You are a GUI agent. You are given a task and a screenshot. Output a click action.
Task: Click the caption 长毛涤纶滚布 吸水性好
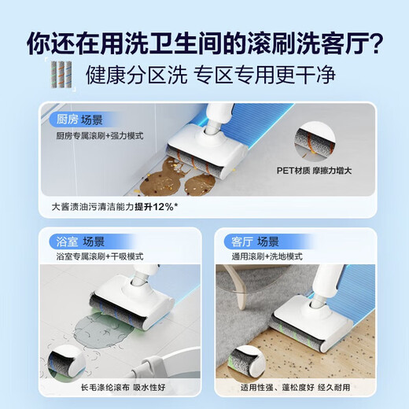point(117,387)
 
